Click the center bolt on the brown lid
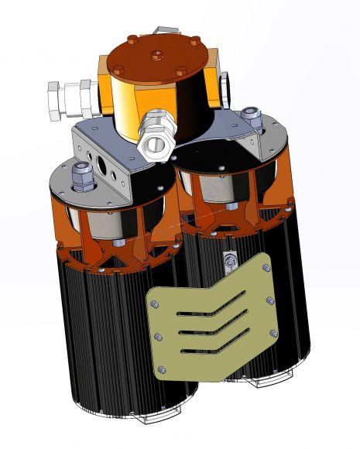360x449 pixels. coord(159,55)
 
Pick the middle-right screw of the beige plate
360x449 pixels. coord(270,300)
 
